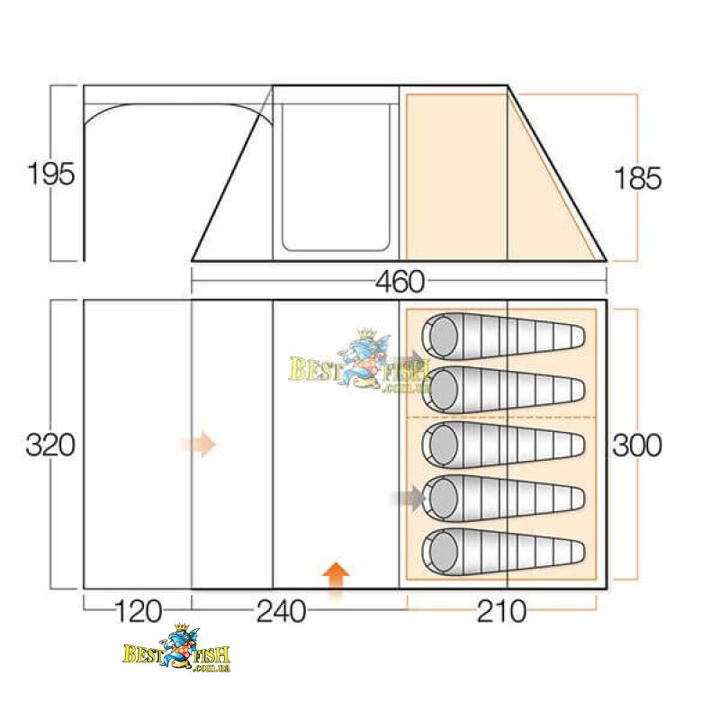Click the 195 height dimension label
click(51, 174)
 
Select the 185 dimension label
click(638, 178)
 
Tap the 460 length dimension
click(400, 282)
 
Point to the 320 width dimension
click(50, 445)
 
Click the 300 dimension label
click(637, 445)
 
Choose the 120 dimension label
click(138, 612)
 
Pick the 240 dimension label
click(281, 612)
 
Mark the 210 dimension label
click(501, 612)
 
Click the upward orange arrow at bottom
click(336, 580)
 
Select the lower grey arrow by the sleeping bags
click(409, 498)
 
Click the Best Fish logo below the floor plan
click(176, 647)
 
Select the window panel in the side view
click(336, 177)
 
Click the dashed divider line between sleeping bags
click(501, 418)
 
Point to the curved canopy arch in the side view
click(178, 113)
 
